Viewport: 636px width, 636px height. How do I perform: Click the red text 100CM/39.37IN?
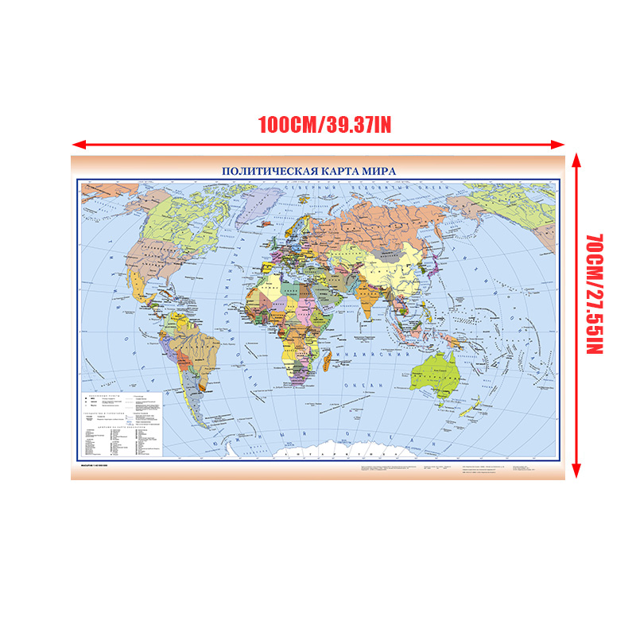point(324,126)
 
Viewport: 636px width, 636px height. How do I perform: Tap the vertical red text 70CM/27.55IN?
point(595,293)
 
